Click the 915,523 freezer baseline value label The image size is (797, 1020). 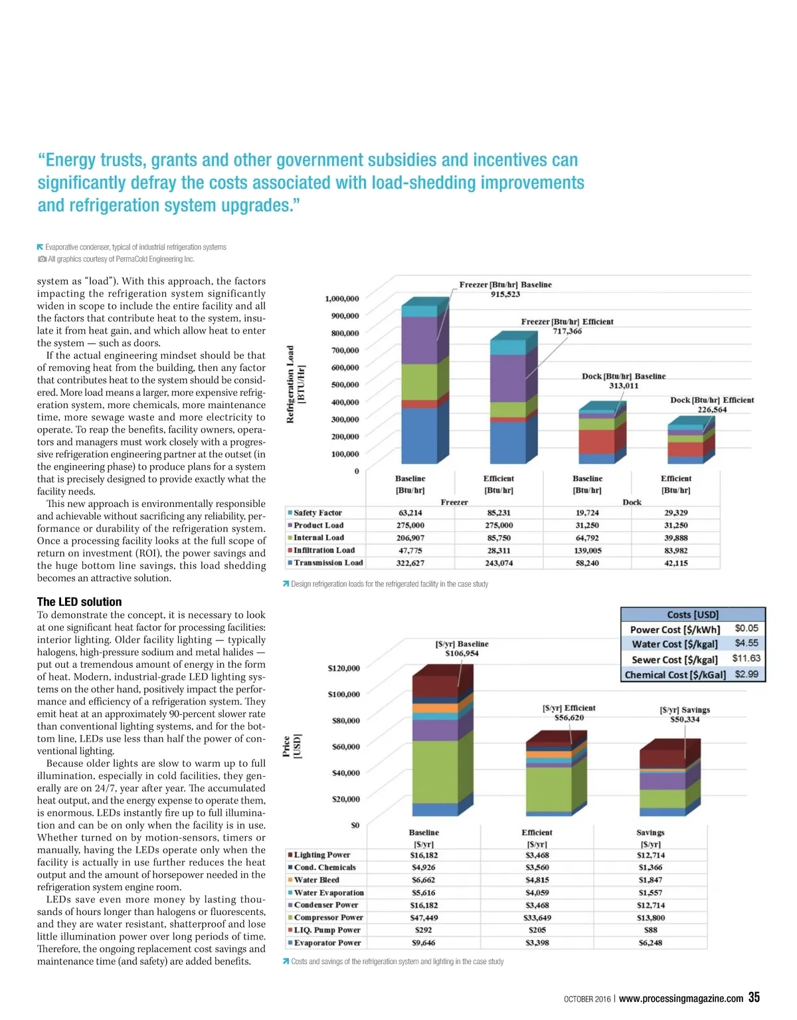tap(505, 294)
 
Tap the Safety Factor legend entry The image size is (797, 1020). tap(317, 513)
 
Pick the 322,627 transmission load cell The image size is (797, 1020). tap(410, 563)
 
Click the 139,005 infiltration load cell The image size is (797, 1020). tap(587, 550)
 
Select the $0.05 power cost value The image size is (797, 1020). tap(747, 628)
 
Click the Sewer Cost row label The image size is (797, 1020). tap(674, 660)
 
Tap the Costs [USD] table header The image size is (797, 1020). tap(693, 615)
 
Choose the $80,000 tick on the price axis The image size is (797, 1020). tap(345, 720)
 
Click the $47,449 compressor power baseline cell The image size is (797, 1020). tap(424, 918)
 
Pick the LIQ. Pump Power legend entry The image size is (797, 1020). tap(326, 930)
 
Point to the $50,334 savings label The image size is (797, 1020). tap(685, 720)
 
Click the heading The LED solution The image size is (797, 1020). tap(79, 602)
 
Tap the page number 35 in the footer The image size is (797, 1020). tap(754, 997)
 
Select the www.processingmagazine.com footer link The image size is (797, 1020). tap(681, 999)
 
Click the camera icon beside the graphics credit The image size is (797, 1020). tap(42, 259)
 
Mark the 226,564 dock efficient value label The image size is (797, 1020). tap(711, 410)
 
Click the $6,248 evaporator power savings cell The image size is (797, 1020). tap(650, 943)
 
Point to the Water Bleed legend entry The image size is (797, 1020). tap(315, 880)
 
